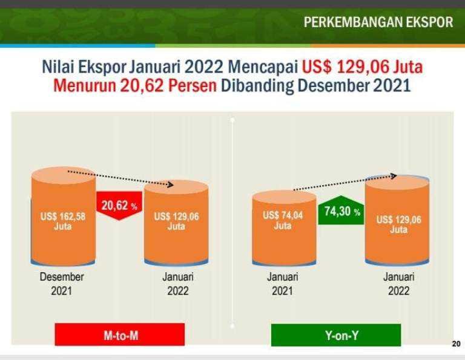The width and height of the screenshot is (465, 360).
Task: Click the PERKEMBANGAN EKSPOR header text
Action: coord(378,22)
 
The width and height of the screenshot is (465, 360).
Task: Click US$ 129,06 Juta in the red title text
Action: coord(363,67)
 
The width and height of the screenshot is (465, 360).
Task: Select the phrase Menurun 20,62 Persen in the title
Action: coord(135,86)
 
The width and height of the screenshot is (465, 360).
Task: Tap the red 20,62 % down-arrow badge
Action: coord(119,206)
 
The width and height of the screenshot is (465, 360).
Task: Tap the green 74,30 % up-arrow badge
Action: coord(341,210)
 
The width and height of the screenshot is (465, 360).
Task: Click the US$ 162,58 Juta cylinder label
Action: coord(63,221)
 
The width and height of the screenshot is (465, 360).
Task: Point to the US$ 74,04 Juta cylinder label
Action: coord(283,220)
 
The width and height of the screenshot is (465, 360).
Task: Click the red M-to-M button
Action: coord(120,335)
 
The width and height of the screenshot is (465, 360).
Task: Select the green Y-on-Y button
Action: coord(336,335)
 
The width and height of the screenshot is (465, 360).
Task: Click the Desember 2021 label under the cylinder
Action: coord(62,284)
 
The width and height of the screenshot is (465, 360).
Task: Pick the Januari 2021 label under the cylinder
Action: coord(282,284)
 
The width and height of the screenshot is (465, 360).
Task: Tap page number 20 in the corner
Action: coord(456,344)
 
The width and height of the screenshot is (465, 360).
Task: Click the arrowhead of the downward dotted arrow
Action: coord(171,185)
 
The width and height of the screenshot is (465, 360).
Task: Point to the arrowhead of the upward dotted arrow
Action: coord(394,176)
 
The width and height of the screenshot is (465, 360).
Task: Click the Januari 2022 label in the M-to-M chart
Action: coord(177,284)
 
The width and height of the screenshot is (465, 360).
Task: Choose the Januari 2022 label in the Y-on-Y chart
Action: coord(398,284)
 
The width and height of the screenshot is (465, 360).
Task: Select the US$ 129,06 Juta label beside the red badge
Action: coord(176,221)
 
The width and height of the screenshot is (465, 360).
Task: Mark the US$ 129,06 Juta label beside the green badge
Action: coord(399,224)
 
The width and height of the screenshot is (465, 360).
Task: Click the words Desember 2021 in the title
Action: coord(354,86)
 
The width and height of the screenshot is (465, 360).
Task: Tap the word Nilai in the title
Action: coord(58,67)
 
